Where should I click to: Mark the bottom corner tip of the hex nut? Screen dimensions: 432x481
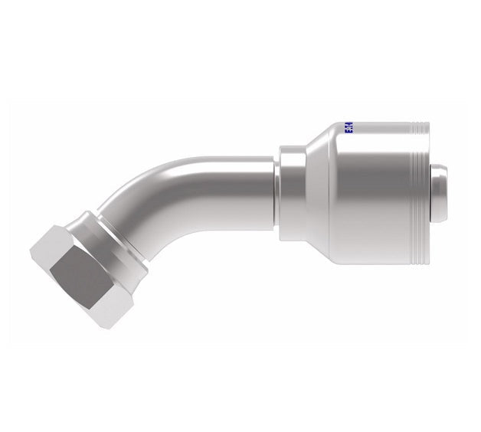coord(110,328)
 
